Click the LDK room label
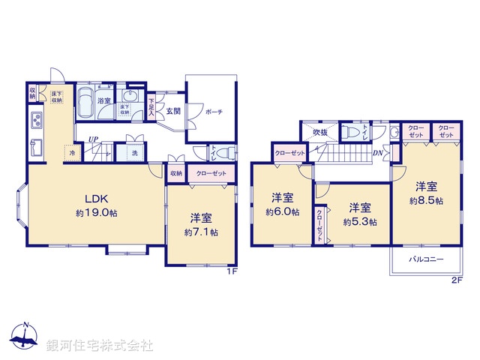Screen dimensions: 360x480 [x=97, y=199]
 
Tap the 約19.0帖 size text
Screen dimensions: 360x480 [x=97, y=213]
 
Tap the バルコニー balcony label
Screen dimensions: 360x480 [x=426, y=259]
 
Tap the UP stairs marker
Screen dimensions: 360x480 [x=93, y=139]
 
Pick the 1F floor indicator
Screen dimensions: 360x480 [x=232, y=271]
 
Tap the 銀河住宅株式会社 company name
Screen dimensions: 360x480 [x=99, y=346]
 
